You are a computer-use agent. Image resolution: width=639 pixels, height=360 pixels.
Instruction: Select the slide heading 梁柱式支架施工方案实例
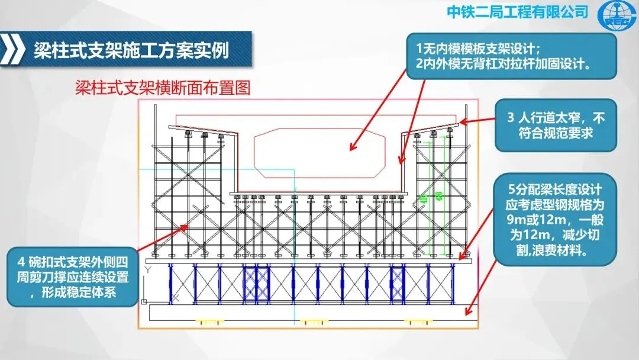pyautogui.click(x=130, y=50)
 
